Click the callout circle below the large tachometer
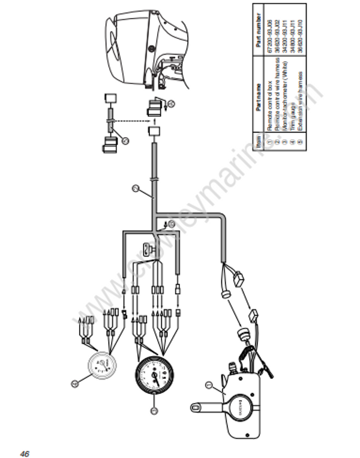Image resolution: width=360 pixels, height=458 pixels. (x=154, y=411)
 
